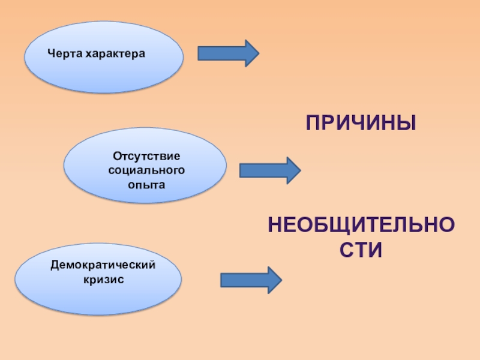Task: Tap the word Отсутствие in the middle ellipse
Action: click(x=146, y=156)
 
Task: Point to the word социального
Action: click(x=146, y=170)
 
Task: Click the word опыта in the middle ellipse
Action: click(x=146, y=185)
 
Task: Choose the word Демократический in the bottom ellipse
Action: click(x=103, y=265)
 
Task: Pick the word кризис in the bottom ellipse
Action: click(x=103, y=279)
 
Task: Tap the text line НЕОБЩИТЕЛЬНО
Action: click(x=361, y=226)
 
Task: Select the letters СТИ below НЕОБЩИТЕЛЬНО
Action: click(x=361, y=250)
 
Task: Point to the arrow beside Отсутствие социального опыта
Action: click(x=269, y=170)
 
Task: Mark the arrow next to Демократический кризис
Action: click(x=250, y=280)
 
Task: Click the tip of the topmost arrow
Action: click(x=257, y=53)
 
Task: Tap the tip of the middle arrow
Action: click(x=299, y=170)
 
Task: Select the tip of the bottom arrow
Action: click(x=280, y=280)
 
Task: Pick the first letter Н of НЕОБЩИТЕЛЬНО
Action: click(x=275, y=226)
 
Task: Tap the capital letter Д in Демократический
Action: click(x=55, y=265)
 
